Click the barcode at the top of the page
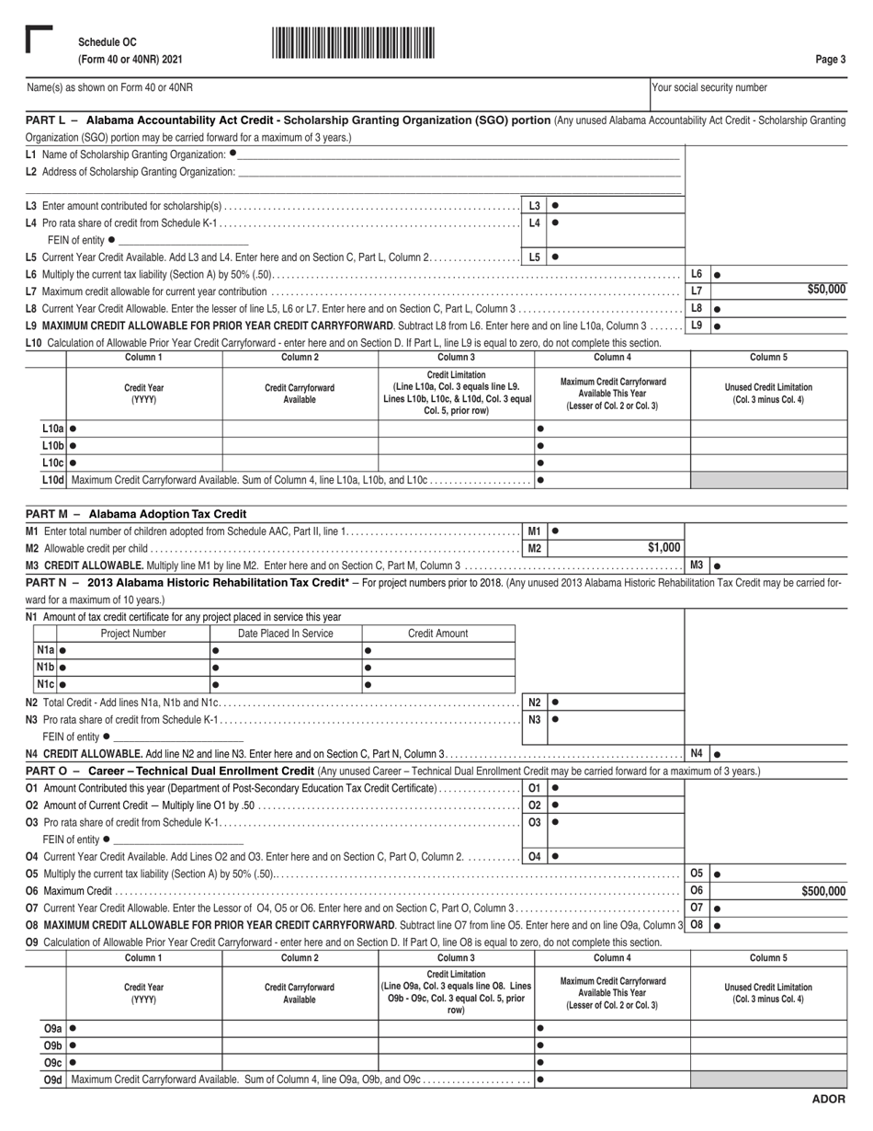pos(353,43)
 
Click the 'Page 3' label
pos(830,60)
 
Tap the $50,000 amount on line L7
pos(826,290)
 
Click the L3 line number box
pos(535,206)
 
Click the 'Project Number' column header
pos(133,634)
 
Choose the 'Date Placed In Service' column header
pos(286,634)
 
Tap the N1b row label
pos(45,668)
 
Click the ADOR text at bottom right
pos(828,1100)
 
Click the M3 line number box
pos(697,565)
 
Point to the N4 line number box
pos(697,753)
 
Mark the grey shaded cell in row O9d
pos(768,1080)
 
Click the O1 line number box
pos(535,788)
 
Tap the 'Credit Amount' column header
pos(438,634)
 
